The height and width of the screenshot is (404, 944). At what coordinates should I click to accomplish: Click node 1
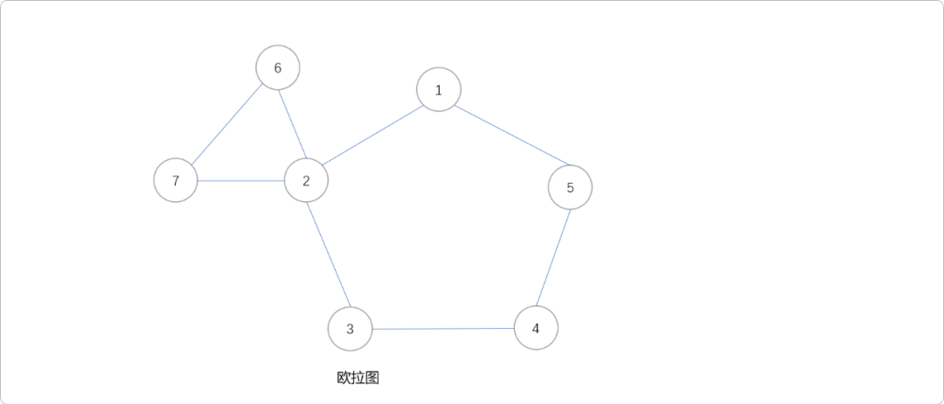(439, 90)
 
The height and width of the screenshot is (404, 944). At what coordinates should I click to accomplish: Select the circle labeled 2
(306, 181)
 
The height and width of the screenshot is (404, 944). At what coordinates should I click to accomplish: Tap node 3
(350, 330)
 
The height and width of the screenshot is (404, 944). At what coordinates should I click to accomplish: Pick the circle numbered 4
(536, 329)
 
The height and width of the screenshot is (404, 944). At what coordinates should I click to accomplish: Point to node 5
(570, 187)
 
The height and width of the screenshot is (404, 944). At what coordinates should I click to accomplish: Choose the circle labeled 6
(278, 68)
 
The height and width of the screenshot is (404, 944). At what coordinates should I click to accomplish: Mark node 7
(176, 181)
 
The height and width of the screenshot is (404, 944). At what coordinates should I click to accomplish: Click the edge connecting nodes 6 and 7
(226, 125)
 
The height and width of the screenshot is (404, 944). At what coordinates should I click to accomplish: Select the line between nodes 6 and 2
(292, 124)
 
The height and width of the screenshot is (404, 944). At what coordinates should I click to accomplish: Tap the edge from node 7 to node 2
(241, 181)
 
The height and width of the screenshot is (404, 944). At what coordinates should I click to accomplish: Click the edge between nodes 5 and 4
(553, 258)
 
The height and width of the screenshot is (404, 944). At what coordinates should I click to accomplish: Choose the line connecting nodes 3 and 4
(442, 329)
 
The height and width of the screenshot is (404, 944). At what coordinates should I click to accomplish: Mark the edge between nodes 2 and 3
(328, 255)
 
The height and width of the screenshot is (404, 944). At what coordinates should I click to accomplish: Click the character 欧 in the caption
(344, 378)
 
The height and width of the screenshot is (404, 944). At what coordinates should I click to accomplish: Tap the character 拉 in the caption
(357, 378)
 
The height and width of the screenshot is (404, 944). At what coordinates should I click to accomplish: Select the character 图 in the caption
(372, 378)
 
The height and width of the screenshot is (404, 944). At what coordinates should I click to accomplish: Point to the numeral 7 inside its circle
(176, 181)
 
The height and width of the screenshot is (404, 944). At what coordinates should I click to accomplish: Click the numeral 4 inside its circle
(536, 329)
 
